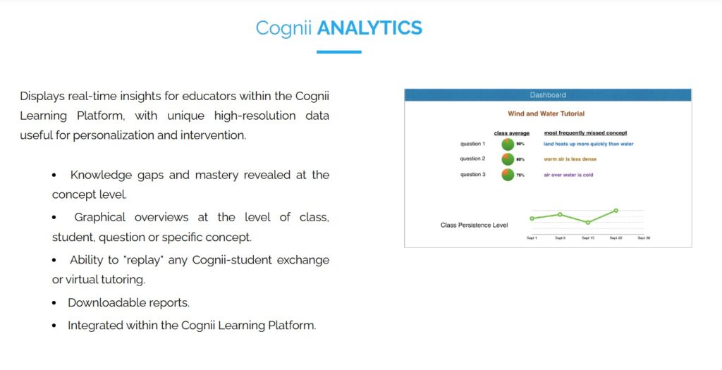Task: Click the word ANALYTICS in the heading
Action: click(x=369, y=27)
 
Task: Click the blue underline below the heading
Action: click(x=338, y=51)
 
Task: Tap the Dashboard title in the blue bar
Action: click(x=548, y=95)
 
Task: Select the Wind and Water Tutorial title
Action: click(x=546, y=113)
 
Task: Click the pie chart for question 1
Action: click(x=508, y=144)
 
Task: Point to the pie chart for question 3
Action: click(x=508, y=175)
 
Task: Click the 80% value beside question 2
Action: click(x=520, y=159)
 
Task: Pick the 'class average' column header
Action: click(x=511, y=132)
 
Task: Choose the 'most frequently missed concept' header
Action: click(x=585, y=132)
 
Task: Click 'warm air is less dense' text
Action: click(x=570, y=159)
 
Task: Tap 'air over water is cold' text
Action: click(x=568, y=175)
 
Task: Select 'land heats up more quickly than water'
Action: click(x=588, y=144)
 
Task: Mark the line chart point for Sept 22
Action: click(x=616, y=210)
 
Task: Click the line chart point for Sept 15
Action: click(x=588, y=222)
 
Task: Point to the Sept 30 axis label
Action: click(x=643, y=238)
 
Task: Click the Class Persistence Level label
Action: click(x=474, y=226)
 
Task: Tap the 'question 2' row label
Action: click(x=472, y=159)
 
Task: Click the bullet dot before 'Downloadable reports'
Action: click(x=54, y=303)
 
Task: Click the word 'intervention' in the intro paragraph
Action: click(x=216, y=135)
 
